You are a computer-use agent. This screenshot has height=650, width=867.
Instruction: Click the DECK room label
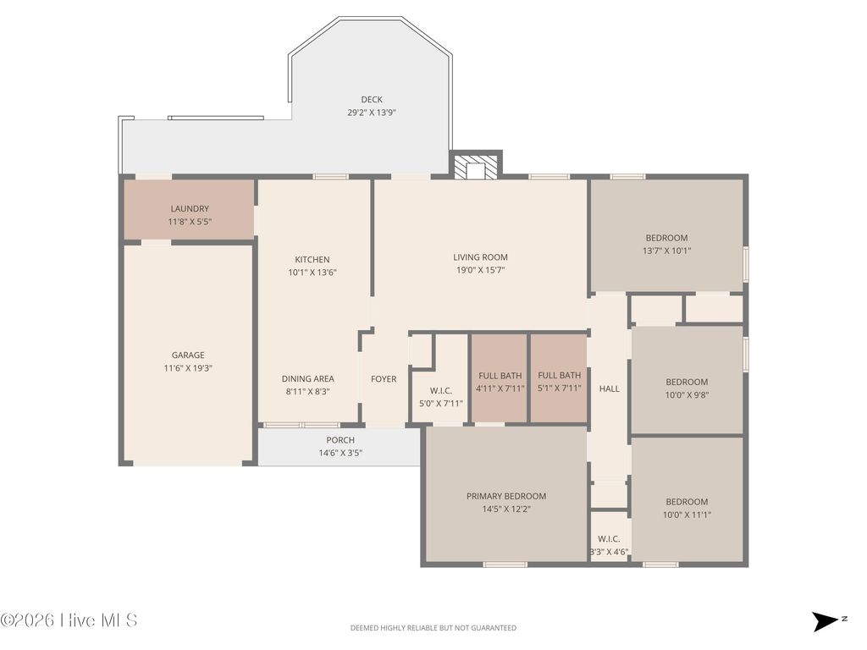pyautogui.click(x=372, y=100)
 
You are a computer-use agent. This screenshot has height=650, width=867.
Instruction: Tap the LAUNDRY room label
pyautogui.click(x=190, y=209)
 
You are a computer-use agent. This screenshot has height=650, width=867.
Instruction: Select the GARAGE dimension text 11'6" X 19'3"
pyautogui.click(x=189, y=369)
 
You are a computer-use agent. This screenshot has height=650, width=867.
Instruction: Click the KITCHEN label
pyautogui.click(x=312, y=260)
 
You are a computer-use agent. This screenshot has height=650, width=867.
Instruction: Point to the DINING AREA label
pyautogui.click(x=307, y=379)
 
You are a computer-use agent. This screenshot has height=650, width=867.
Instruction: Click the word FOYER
pyautogui.click(x=384, y=379)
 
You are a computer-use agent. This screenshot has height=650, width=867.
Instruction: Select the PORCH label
pyautogui.click(x=340, y=440)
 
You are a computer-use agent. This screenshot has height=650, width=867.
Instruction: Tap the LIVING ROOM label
pyautogui.click(x=480, y=257)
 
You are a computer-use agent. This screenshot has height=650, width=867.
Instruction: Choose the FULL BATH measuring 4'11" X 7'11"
pyautogui.click(x=500, y=376)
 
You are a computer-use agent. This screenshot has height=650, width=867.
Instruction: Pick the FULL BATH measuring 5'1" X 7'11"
pyautogui.click(x=559, y=376)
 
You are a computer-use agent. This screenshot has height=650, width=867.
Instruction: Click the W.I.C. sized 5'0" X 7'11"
pyautogui.click(x=440, y=390)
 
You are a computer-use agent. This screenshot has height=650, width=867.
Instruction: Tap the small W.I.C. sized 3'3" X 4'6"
pyautogui.click(x=609, y=539)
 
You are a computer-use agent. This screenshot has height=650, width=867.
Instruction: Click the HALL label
pyautogui.click(x=609, y=388)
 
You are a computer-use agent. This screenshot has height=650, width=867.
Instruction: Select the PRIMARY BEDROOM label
pyautogui.click(x=506, y=496)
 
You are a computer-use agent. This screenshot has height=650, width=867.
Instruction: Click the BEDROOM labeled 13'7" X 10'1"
pyautogui.click(x=666, y=238)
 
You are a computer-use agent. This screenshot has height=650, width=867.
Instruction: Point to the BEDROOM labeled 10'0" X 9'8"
pyautogui.click(x=686, y=382)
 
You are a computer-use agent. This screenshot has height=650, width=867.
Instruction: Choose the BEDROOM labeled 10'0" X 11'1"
pyautogui.click(x=686, y=502)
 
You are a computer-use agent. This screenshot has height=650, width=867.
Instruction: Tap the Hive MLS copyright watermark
pyautogui.click(x=69, y=620)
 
